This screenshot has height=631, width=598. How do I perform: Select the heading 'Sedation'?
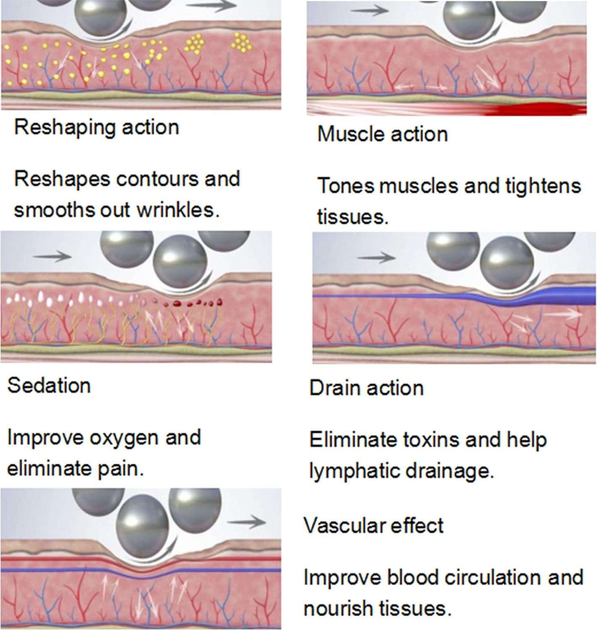click(x=49, y=385)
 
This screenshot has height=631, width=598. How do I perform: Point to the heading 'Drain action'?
click(x=366, y=388)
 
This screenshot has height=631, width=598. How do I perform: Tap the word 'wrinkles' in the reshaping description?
click(x=179, y=210)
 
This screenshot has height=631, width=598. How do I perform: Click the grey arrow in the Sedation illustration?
click(x=52, y=256)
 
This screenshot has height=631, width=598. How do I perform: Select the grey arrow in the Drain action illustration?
click(x=376, y=257)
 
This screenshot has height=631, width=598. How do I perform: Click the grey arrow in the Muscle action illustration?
click(x=370, y=11)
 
